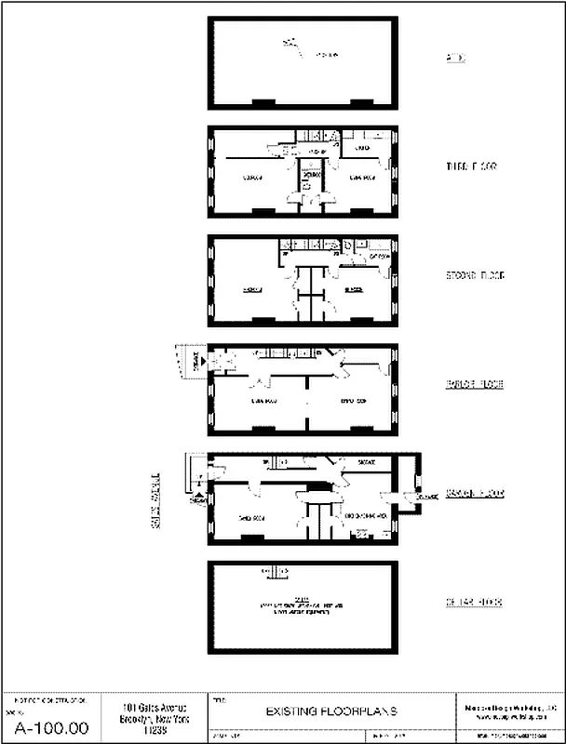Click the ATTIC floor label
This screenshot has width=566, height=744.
pos(456,59)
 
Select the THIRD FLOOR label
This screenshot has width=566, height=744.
pos(472,166)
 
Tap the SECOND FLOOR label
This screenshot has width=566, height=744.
pos(475,275)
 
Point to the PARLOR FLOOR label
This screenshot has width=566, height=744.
pos(475,383)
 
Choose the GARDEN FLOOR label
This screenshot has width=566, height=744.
pos(475,493)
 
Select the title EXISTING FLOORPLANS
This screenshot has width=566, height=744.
pos(331,711)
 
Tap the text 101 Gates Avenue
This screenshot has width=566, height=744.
pos(150,708)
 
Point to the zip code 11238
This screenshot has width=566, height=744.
pos(150,730)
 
